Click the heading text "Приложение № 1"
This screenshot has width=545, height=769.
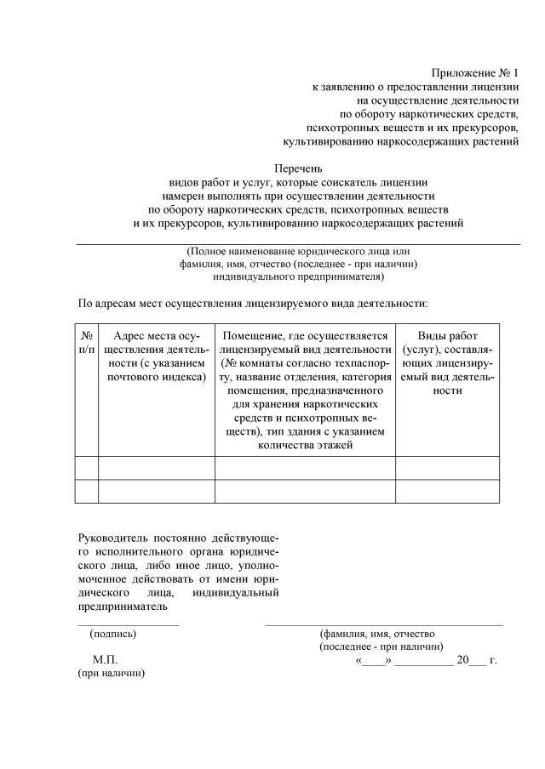point(475,75)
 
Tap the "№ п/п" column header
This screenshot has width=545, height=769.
point(86,344)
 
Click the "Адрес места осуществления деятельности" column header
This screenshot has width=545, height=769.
point(156,356)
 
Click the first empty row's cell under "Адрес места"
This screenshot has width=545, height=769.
point(156,468)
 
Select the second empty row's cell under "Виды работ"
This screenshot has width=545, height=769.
point(447,492)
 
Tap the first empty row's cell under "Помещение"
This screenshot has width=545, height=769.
point(304,468)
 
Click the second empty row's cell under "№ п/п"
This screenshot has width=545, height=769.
point(86,492)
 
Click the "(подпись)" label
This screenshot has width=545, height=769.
point(113,634)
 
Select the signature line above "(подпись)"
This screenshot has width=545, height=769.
point(128,625)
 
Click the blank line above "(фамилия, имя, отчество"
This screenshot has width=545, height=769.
point(383,625)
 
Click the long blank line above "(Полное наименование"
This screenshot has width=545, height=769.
point(298,244)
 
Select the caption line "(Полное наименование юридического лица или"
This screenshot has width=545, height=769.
point(298,253)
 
